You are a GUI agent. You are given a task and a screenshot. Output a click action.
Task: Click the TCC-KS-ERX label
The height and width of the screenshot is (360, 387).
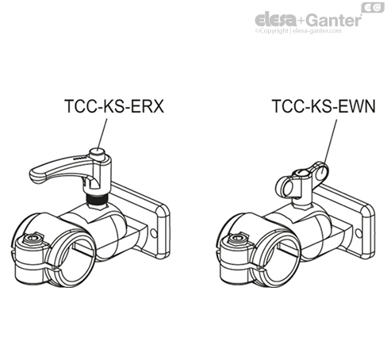114,106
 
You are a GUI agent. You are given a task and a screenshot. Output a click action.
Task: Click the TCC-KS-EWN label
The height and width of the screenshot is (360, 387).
324,106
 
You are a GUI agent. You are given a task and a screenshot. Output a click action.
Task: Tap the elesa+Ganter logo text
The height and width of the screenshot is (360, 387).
308,20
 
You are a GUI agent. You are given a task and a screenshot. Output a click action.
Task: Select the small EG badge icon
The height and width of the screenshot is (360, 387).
373,8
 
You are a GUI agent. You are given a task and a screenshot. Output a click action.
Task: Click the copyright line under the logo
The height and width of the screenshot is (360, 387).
298,31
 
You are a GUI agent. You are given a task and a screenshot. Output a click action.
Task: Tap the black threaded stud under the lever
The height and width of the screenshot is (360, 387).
98,199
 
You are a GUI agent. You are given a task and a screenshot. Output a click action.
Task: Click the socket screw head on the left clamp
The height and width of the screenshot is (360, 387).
32,239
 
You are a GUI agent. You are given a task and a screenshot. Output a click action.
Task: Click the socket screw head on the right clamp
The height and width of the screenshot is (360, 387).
236,239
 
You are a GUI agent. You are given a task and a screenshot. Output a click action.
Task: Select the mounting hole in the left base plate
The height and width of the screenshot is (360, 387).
153,233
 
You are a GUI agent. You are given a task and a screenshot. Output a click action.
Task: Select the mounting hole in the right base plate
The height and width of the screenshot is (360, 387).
358,233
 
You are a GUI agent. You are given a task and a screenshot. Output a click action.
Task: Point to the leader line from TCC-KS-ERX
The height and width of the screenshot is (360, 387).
102,134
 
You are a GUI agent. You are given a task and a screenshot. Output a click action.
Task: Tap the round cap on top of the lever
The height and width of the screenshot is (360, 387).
98,153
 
